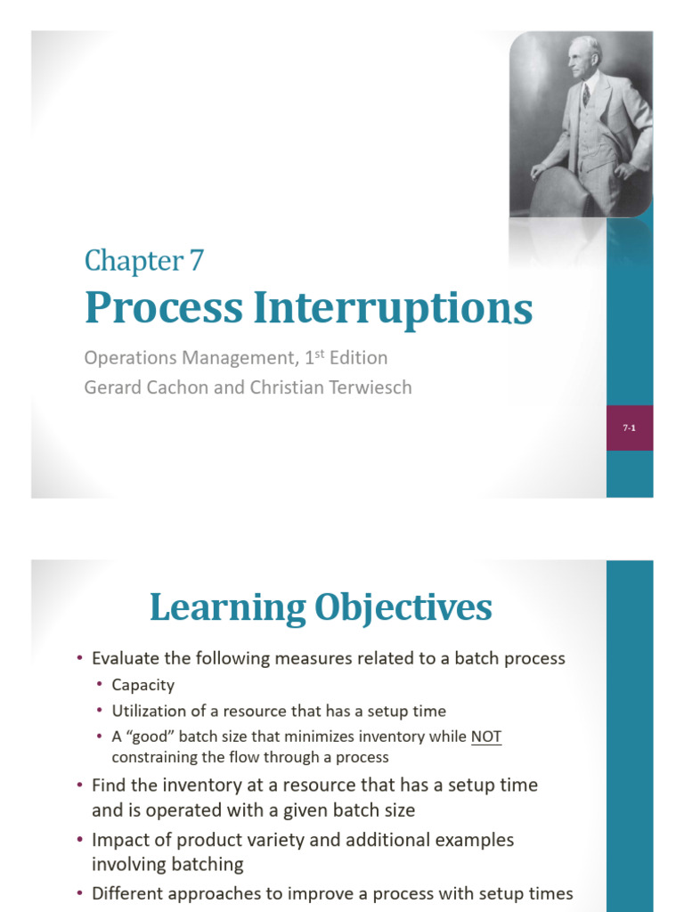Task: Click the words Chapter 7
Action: (144, 261)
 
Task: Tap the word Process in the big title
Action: (163, 308)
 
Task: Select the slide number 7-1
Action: (629, 428)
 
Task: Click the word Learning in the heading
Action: (226, 607)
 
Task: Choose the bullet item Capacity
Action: (142, 685)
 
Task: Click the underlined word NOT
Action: (485, 737)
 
